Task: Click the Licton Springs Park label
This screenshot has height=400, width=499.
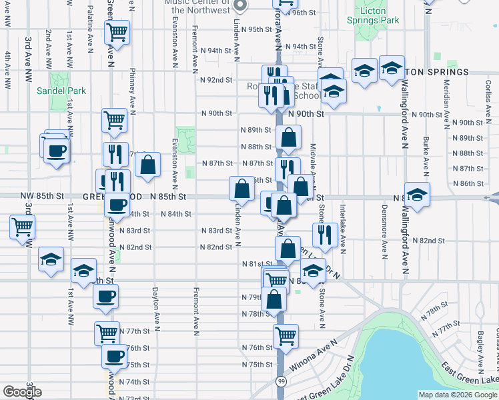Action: (373, 15)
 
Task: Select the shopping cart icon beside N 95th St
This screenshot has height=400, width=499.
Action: (117, 31)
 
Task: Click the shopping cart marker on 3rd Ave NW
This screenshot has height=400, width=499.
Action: (23, 227)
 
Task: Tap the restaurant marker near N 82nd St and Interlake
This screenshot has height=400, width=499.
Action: (324, 234)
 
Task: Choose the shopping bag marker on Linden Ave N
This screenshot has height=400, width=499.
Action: (241, 189)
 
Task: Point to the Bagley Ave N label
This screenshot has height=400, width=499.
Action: (480, 349)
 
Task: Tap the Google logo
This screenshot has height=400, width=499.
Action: (21, 392)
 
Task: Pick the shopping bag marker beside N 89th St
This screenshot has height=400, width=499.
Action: (288, 138)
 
